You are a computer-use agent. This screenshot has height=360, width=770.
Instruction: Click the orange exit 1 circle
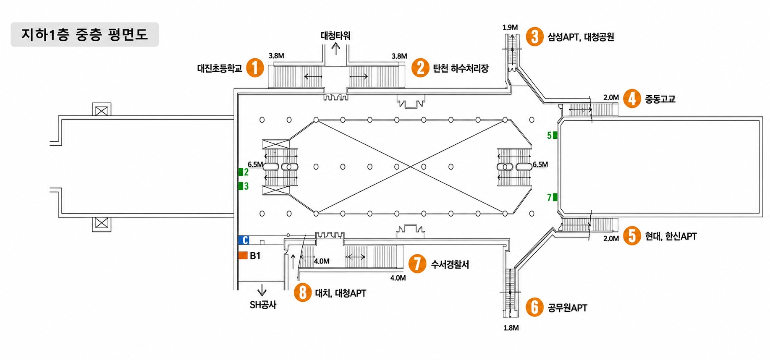click(x=255, y=68)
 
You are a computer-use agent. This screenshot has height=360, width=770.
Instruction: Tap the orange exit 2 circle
click(x=420, y=68)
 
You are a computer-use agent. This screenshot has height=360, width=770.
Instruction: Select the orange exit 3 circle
click(x=534, y=37)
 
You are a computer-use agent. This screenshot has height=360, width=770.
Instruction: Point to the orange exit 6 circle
click(x=534, y=307)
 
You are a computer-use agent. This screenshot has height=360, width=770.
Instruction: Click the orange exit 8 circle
click(x=303, y=292)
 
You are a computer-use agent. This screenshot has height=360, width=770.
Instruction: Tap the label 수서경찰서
click(x=450, y=264)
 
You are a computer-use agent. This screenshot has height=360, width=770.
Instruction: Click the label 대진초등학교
click(x=220, y=68)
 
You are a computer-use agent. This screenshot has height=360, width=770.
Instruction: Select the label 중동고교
click(x=660, y=99)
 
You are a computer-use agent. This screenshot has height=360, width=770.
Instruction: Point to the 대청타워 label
click(x=335, y=36)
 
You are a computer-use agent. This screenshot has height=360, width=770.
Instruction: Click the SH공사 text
click(x=263, y=305)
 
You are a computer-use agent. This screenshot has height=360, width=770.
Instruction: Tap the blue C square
click(x=244, y=240)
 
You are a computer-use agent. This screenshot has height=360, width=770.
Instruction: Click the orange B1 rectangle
click(x=243, y=255)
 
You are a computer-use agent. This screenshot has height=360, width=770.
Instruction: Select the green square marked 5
click(x=555, y=135)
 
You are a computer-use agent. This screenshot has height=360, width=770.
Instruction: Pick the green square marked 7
click(x=555, y=197)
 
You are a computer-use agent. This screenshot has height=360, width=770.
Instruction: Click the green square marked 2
click(x=241, y=172)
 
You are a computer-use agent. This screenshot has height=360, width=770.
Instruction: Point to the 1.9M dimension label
click(x=510, y=28)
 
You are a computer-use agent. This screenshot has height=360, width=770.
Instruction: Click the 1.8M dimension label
click(x=511, y=328)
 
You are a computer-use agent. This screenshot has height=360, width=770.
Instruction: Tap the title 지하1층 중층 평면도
click(x=85, y=34)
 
